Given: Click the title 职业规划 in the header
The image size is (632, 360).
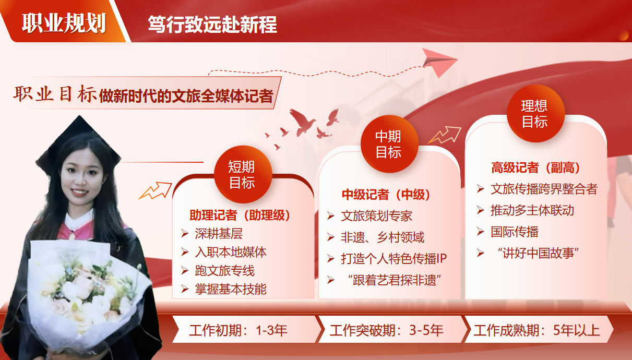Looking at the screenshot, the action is [64, 23].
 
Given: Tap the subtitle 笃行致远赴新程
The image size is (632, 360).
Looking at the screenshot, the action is [212, 25].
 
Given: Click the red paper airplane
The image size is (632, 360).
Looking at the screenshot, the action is [439, 62].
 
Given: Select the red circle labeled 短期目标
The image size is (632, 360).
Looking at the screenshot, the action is [243, 174].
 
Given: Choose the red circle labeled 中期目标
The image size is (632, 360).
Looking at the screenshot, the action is [389, 144].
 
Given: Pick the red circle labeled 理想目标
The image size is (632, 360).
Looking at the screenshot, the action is [535, 113].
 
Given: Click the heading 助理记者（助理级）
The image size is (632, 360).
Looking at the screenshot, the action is [240, 215].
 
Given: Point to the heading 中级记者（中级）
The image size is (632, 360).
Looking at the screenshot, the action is [386, 195].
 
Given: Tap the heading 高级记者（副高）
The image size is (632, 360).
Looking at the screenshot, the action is [535, 167].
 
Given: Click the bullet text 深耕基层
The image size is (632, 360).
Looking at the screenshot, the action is [219, 234].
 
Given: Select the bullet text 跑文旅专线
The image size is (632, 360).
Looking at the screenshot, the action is [224, 271].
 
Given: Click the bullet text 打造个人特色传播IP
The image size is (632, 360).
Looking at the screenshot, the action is [394, 258].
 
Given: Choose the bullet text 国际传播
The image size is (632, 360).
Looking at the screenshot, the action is [515, 232].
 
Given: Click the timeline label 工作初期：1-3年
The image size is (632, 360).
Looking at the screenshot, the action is [238, 330].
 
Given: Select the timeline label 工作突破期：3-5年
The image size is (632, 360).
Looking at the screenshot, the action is [386, 330].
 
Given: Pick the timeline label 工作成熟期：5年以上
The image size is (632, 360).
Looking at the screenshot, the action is [536, 330].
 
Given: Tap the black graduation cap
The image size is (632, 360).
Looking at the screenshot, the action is [79, 141].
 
